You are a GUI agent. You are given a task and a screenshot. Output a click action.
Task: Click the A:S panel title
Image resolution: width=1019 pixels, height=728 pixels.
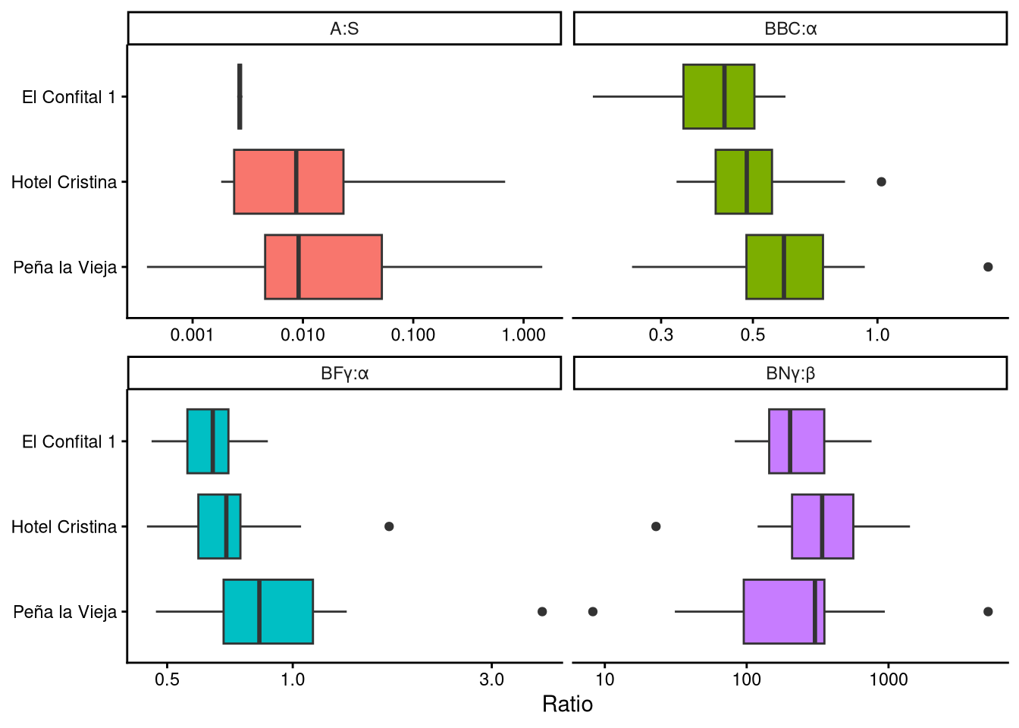(344, 29)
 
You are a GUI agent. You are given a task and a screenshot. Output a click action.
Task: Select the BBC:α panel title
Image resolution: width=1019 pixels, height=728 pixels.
(790, 29)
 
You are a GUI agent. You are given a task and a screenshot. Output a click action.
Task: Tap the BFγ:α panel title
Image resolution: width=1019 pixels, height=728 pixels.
(344, 373)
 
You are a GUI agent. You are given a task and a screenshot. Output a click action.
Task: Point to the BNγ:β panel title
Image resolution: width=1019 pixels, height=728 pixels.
(790, 373)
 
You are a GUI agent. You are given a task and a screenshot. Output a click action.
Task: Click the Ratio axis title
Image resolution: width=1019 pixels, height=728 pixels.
(567, 704)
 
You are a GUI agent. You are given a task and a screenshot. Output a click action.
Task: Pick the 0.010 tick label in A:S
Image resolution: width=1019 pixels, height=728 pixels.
(303, 335)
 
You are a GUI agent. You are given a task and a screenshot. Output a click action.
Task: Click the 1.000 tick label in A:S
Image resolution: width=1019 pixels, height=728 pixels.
(523, 335)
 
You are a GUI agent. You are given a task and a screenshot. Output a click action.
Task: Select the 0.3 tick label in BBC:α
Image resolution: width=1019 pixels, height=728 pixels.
(660, 335)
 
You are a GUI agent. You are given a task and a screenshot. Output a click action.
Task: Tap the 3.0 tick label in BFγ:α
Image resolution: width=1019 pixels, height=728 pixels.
(491, 679)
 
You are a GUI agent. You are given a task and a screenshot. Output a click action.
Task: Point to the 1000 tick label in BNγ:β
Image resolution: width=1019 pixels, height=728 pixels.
(888, 679)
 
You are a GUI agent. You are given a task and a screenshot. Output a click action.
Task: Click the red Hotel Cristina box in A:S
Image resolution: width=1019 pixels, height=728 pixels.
(288, 182)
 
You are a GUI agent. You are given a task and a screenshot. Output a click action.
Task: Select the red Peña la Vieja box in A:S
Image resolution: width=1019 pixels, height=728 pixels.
(323, 267)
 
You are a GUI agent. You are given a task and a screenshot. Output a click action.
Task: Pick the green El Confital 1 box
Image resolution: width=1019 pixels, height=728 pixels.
(719, 97)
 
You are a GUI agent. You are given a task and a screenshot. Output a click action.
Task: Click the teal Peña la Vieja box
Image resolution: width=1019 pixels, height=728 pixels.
(268, 611)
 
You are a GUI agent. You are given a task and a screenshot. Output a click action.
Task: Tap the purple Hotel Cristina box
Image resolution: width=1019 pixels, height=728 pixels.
(823, 526)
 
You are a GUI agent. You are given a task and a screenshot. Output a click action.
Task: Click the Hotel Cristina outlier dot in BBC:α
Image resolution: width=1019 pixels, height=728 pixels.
(881, 182)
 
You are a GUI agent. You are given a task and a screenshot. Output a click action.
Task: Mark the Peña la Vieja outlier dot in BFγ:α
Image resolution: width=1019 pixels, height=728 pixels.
(542, 611)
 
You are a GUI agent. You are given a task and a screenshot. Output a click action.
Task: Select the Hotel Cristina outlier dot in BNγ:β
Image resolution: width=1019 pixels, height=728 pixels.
(656, 526)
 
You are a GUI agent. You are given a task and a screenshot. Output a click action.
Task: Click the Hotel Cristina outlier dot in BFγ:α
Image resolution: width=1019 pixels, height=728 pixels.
(389, 526)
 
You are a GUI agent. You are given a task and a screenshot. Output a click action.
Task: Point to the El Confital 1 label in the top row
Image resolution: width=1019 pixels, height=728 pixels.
(69, 97)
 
